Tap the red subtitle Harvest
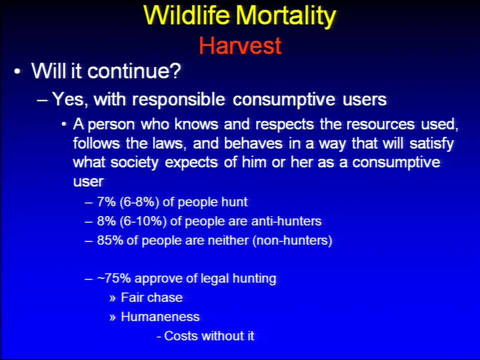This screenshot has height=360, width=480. pos(240,45)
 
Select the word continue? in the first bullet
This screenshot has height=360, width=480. pos(134,70)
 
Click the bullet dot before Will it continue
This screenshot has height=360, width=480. pos(17,72)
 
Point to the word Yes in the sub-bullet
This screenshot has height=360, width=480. pos(70,99)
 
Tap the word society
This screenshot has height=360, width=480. pos(134,162)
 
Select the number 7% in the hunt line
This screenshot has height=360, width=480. pos(106,202)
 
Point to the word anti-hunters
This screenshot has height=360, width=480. pos(286,221)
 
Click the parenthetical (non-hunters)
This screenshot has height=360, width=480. pos(292,240)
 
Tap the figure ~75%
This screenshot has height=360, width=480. pos(114,278)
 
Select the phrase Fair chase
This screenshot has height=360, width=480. pos(151,297)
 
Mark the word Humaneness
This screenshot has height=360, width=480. pos(160,317)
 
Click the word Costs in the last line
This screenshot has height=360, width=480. pos(181,336)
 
